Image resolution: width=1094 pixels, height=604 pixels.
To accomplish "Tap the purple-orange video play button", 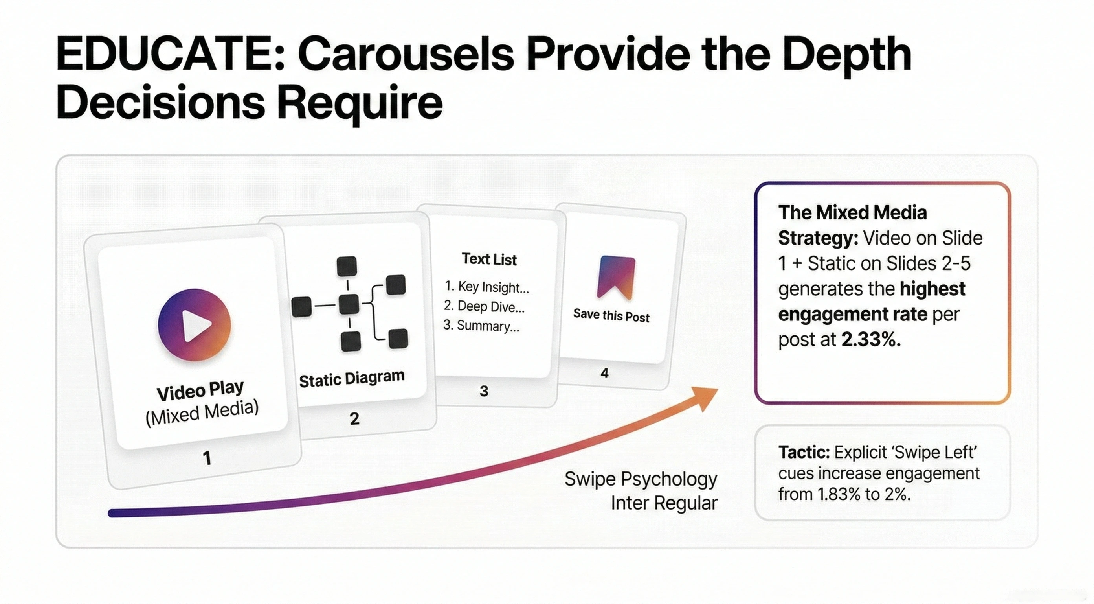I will (195, 325).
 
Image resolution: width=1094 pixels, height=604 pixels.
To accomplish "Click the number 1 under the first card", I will (207, 458).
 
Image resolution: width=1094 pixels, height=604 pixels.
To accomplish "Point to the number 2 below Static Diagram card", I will (354, 419).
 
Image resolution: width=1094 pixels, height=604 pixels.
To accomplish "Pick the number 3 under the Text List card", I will (484, 391).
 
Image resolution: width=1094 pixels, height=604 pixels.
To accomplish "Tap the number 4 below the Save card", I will (605, 373).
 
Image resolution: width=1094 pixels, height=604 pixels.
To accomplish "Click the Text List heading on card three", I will (489, 259).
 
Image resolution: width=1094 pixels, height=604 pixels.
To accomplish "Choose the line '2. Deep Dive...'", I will (484, 306).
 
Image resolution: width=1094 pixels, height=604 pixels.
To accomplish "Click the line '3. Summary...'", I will (481, 326).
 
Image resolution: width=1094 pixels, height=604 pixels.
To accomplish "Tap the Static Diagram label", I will (352, 378).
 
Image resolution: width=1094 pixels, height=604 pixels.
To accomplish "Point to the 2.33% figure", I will (871, 340).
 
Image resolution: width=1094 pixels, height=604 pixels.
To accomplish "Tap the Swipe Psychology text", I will (641, 479).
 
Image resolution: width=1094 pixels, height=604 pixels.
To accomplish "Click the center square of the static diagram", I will (349, 304).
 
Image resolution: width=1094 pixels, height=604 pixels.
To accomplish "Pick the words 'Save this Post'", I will (611, 316).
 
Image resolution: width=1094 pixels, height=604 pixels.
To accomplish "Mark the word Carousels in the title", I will (406, 55).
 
